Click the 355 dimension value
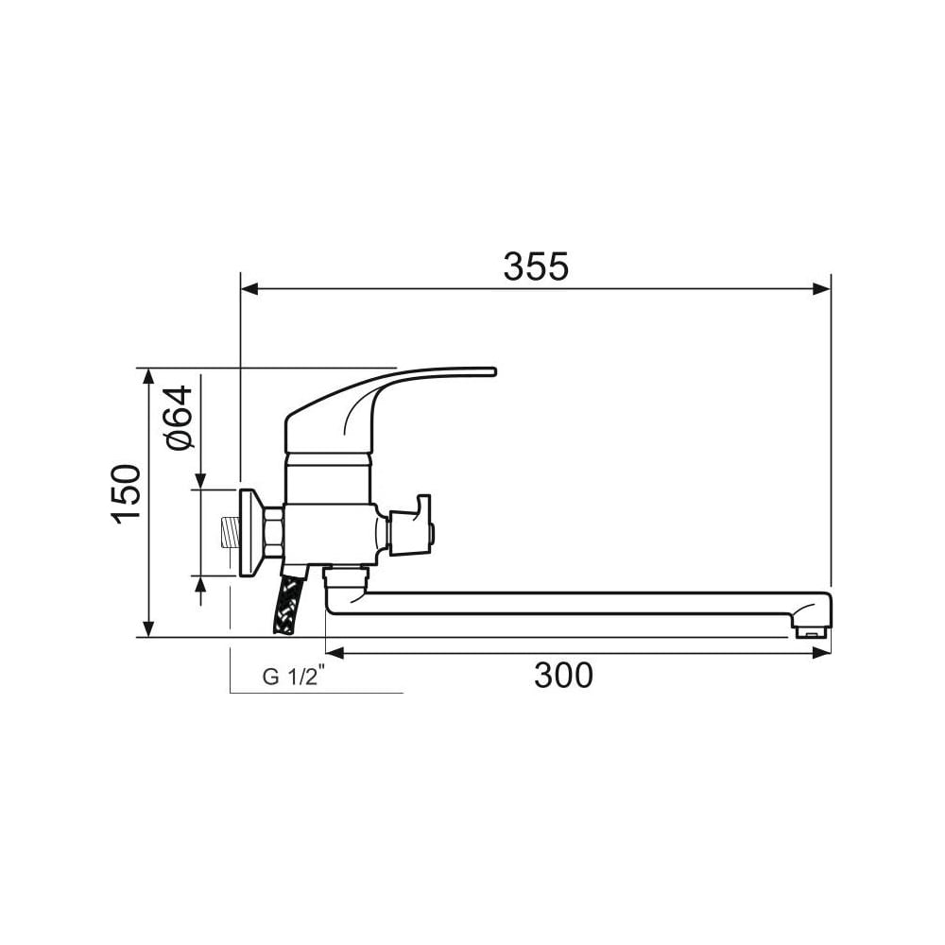pyautogui.click(x=536, y=266)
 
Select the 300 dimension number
pyautogui.click(x=563, y=675)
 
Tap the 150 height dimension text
pyautogui.click(x=126, y=495)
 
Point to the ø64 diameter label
pyautogui.click(x=179, y=418)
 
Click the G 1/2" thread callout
pyautogui.click(x=294, y=676)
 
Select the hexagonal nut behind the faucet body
pyautogui.click(x=274, y=532)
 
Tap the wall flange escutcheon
pyautogui.click(x=252, y=532)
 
